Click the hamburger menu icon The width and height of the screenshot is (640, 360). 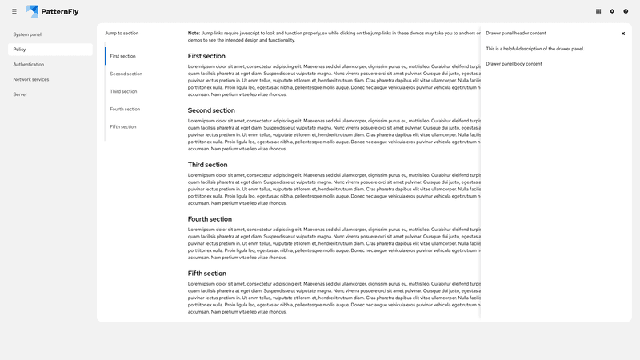[x=14, y=11]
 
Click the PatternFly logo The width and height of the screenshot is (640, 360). [x=52, y=11]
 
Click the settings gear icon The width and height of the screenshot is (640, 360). [x=612, y=11]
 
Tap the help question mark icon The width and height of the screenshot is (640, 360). [x=626, y=11]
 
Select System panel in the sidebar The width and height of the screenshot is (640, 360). [x=27, y=34]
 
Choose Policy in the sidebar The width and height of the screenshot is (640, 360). [x=20, y=50]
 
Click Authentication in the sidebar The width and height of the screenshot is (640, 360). [x=29, y=64]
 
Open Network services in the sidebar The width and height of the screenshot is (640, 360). [x=31, y=79]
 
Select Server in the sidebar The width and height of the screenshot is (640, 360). [x=21, y=94]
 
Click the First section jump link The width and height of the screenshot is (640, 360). [x=122, y=56]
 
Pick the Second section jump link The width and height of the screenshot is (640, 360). [x=126, y=74]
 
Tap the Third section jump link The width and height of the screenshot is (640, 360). [x=123, y=91]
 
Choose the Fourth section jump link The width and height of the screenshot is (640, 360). [x=125, y=109]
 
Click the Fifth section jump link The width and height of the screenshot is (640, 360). [x=122, y=126]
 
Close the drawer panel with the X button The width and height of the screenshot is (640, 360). [x=623, y=34]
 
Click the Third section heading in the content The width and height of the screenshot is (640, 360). [x=207, y=165]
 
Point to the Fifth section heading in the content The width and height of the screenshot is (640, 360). [x=206, y=274]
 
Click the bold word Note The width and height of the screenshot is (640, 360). [x=194, y=33]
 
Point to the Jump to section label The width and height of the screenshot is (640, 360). [x=122, y=33]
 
